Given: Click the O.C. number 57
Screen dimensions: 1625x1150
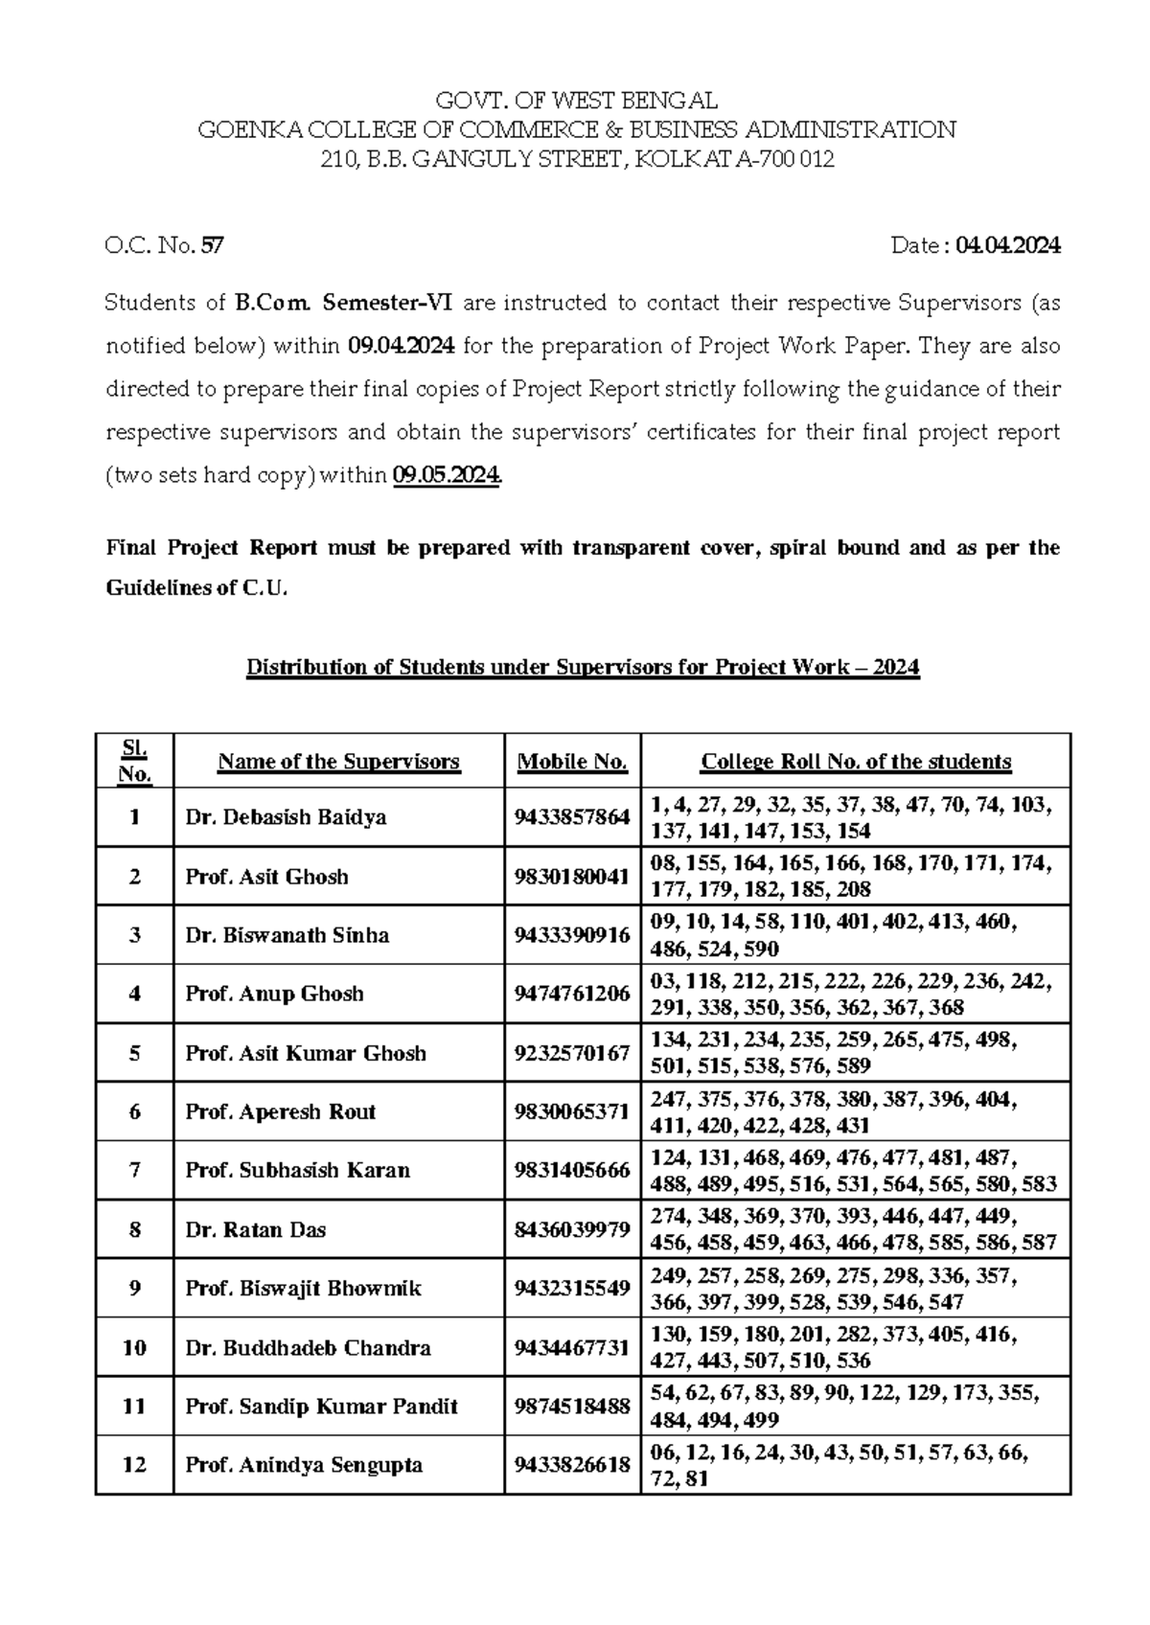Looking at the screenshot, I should tap(213, 246).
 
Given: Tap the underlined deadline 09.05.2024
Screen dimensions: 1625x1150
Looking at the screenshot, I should tap(447, 476).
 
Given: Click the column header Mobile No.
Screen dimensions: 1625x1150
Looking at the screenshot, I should tap(572, 763).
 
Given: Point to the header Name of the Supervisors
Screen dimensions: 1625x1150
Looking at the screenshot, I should tap(338, 763).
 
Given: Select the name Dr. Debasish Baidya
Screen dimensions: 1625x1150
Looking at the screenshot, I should tap(286, 817).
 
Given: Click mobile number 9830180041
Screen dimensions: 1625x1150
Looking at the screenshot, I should tap(572, 877).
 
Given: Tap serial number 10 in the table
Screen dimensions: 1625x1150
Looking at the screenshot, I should tap(134, 1347).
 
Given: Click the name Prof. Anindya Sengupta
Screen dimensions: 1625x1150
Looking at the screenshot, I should tap(303, 1465).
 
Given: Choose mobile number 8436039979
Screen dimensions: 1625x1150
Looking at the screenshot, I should tap(572, 1229).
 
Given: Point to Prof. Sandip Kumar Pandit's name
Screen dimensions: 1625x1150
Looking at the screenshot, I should tap(321, 1407).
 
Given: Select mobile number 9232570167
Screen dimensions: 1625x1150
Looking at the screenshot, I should tap(572, 1053).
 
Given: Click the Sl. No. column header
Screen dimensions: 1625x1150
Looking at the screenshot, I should tap(134, 762).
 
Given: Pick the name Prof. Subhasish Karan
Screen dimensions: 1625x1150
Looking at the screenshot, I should tap(297, 1170).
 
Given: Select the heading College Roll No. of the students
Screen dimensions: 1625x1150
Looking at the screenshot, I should tap(856, 763).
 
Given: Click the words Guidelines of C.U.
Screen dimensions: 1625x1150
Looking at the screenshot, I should tap(196, 588).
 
